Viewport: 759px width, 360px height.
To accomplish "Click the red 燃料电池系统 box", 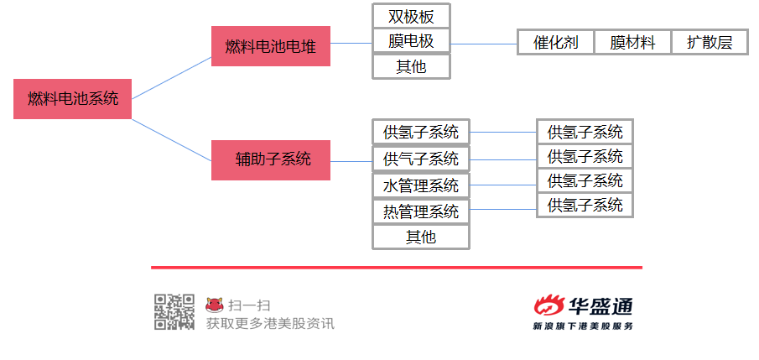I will click(x=73, y=98).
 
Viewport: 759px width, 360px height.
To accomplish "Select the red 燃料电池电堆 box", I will click(x=271, y=46).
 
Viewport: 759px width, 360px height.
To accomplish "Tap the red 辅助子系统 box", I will click(x=271, y=159).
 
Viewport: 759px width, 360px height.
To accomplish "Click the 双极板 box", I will click(x=412, y=16).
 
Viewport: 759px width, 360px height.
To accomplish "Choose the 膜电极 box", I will click(x=412, y=40).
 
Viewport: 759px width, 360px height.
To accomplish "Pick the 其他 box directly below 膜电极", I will click(x=412, y=66).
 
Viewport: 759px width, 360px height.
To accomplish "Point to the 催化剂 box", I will click(x=556, y=42).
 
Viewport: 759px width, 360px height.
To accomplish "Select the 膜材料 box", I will click(x=632, y=42).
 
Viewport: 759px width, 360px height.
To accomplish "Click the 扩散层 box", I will click(x=710, y=42).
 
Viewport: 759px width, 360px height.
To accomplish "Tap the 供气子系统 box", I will click(x=421, y=159).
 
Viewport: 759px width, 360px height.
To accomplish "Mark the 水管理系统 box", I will click(x=421, y=185).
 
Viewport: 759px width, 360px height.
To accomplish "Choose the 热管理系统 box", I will click(x=421, y=211).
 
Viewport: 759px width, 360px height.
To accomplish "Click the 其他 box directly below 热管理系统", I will click(x=421, y=237).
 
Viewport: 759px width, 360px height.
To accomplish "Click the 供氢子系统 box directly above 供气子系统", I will click(x=421, y=132).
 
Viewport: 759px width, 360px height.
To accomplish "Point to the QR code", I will click(x=174, y=311).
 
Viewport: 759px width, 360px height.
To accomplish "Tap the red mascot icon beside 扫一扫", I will click(x=216, y=305).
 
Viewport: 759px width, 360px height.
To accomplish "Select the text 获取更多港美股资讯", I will click(x=270, y=323).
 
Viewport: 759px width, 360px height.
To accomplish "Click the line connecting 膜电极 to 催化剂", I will click(x=485, y=43).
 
